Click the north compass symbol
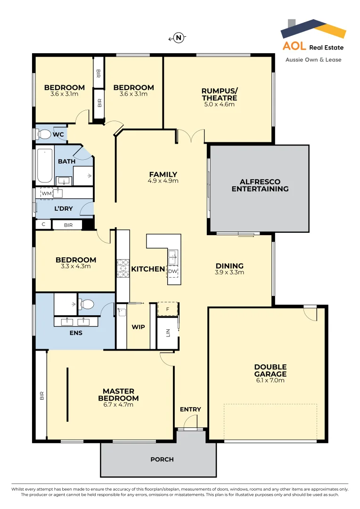pyautogui.click(x=178, y=38)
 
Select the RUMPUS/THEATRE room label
pyautogui.click(x=219, y=94)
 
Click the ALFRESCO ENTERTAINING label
pyautogui.click(x=260, y=185)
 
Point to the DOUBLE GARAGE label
pyautogui.click(x=270, y=370)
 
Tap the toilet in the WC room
pyautogui.click(x=44, y=135)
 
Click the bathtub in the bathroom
pyautogui.click(x=45, y=165)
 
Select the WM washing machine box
pyautogui.click(x=47, y=193)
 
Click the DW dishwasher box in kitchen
pyautogui.click(x=172, y=271)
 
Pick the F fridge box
pyautogui.click(x=167, y=308)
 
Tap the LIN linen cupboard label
pyautogui.click(x=168, y=332)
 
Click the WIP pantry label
pyautogui.click(x=138, y=327)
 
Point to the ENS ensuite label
pyautogui.click(x=75, y=333)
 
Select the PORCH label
pyautogui.click(x=162, y=459)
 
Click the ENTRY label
pyautogui.click(x=190, y=409)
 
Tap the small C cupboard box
pyautogui.click(x=43, y=225)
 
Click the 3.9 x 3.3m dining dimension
pyautogui.click(x=229, y=272)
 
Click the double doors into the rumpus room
pyautogui.click(x=191, y=137)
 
